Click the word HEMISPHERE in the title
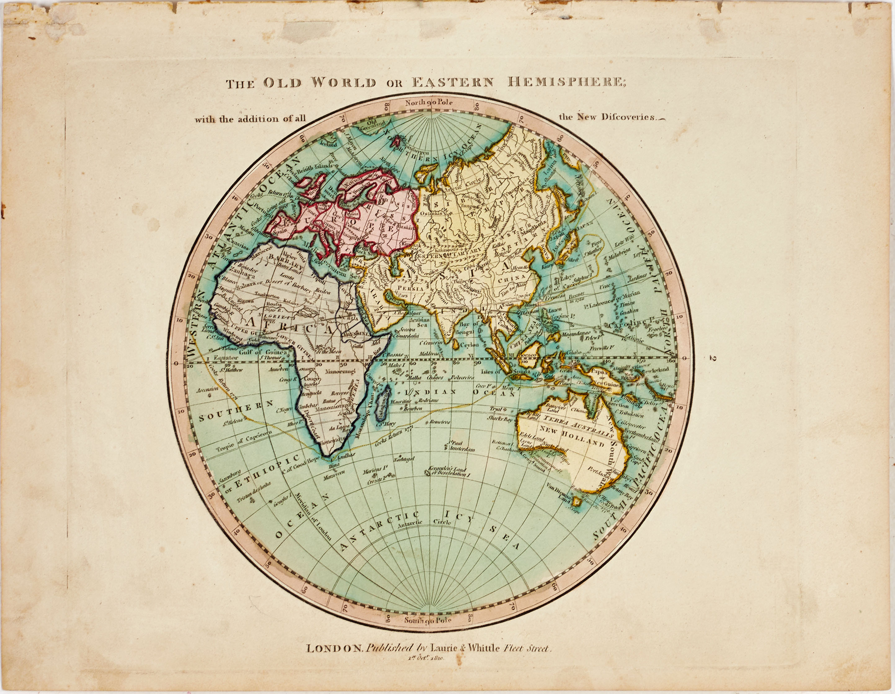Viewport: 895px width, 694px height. click(x=567, y=82)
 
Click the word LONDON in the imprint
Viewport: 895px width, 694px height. click(x=334, y=648)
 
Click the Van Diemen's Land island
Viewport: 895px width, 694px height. click(x=577, y=501)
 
